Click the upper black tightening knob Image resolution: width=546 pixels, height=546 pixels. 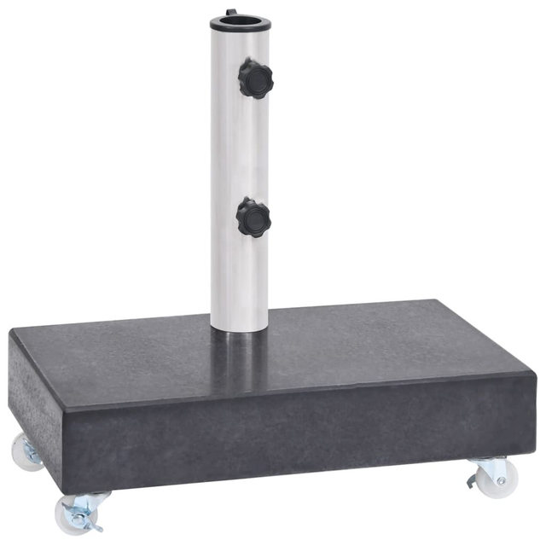254,78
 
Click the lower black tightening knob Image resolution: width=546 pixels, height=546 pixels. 253,217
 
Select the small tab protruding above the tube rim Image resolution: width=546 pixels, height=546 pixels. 230,12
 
